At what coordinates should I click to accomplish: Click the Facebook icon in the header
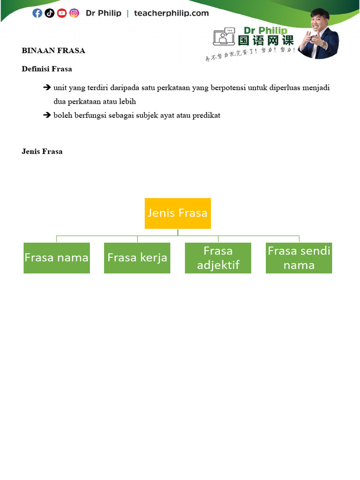pos(37,13)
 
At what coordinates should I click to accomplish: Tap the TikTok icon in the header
pos(49,13)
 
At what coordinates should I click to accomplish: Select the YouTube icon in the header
pos(62,13)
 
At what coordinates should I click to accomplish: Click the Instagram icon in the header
pos(74,13)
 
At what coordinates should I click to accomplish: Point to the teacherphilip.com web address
pos(171,13)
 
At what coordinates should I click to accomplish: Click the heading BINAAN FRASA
pos(53,51)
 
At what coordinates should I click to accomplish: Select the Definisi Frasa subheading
pos(47,69)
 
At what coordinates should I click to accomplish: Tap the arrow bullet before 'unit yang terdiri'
pos(47,88)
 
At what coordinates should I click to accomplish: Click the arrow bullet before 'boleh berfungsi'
pos(47,115)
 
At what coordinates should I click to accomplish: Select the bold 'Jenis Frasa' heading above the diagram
pos(42,151)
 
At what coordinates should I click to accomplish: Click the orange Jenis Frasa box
pos(178,213)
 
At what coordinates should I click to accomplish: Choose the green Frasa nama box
pos(57,258)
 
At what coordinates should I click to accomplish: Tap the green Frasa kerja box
pos(137,258)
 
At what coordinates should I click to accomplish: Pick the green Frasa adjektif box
pos(218,258)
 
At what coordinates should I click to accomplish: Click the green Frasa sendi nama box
pos(299,258)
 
